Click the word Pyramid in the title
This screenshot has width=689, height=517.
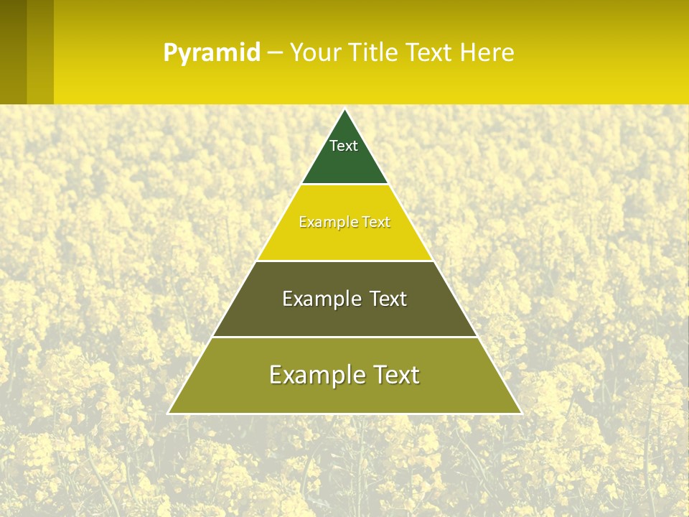click(211, 53)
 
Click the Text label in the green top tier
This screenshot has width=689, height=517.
click(344, 146)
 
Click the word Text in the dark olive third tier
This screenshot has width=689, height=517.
click(388, 299)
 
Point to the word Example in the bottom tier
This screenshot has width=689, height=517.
click(311, 375)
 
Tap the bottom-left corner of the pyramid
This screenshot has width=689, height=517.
click(169, 413)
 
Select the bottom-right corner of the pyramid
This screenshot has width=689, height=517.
click(521, 413)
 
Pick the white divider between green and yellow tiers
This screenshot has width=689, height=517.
click(344, 184)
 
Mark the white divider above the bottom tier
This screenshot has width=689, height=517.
click(344, 337)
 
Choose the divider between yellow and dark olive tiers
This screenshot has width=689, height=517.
click(344, 261)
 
